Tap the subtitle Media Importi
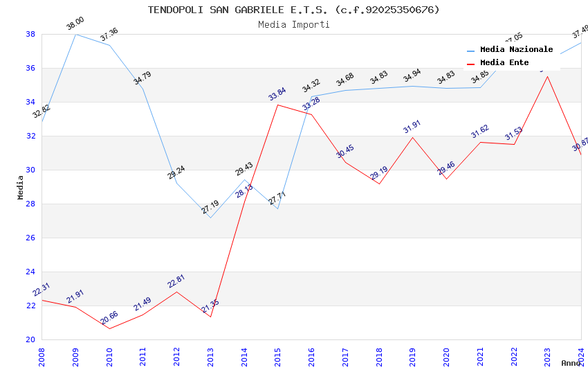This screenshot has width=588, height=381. click(x=293, y=24)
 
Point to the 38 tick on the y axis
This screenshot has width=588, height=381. click(x=30, y=34)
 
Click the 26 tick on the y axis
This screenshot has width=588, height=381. click(x=30, y=238)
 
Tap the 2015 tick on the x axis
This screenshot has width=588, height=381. click(x=278, y=356)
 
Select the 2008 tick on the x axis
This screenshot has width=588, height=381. click(x=42, y=356)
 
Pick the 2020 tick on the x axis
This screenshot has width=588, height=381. click(x=447, y=356)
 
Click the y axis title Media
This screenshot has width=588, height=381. click(x=21, y=187)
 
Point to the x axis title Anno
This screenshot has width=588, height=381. click(x=571, y=363)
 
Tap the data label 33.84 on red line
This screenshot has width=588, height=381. click(x=277, y=94)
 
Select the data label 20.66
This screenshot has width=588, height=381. click(x=109, y=318)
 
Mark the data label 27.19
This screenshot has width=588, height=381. click(x=210, y=206)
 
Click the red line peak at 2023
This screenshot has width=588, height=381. click(x=547, y=76)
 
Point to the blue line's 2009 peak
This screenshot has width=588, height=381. click(x=75, y=34)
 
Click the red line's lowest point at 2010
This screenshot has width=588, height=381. click(x=109, y=328)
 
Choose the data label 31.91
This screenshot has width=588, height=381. click(x=412, y=127)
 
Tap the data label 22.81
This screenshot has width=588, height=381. click(x=176, y=281)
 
